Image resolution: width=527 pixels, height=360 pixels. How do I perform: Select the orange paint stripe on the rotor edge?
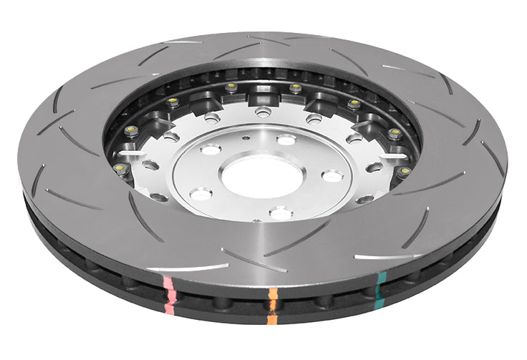pos(273,305)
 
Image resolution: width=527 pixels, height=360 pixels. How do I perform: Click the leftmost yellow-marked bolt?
pos(120,169)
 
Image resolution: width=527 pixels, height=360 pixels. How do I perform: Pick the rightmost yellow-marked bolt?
pos(405,172)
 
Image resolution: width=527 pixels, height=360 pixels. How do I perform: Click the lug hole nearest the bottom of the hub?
pos(280,213)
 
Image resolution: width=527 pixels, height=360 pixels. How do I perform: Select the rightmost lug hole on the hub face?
pos(332,176)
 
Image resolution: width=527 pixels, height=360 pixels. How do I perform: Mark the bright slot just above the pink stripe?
pos(188,268)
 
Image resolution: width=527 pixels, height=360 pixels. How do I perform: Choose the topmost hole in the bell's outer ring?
pos(263,111)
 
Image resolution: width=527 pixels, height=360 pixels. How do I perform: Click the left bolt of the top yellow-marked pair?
pos(231,87)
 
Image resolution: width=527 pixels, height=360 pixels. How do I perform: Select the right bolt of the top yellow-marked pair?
pos(295,88)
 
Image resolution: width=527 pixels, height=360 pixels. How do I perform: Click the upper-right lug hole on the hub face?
pos(286,140)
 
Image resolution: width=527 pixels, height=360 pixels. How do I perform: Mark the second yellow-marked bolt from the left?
pos(130,130)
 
